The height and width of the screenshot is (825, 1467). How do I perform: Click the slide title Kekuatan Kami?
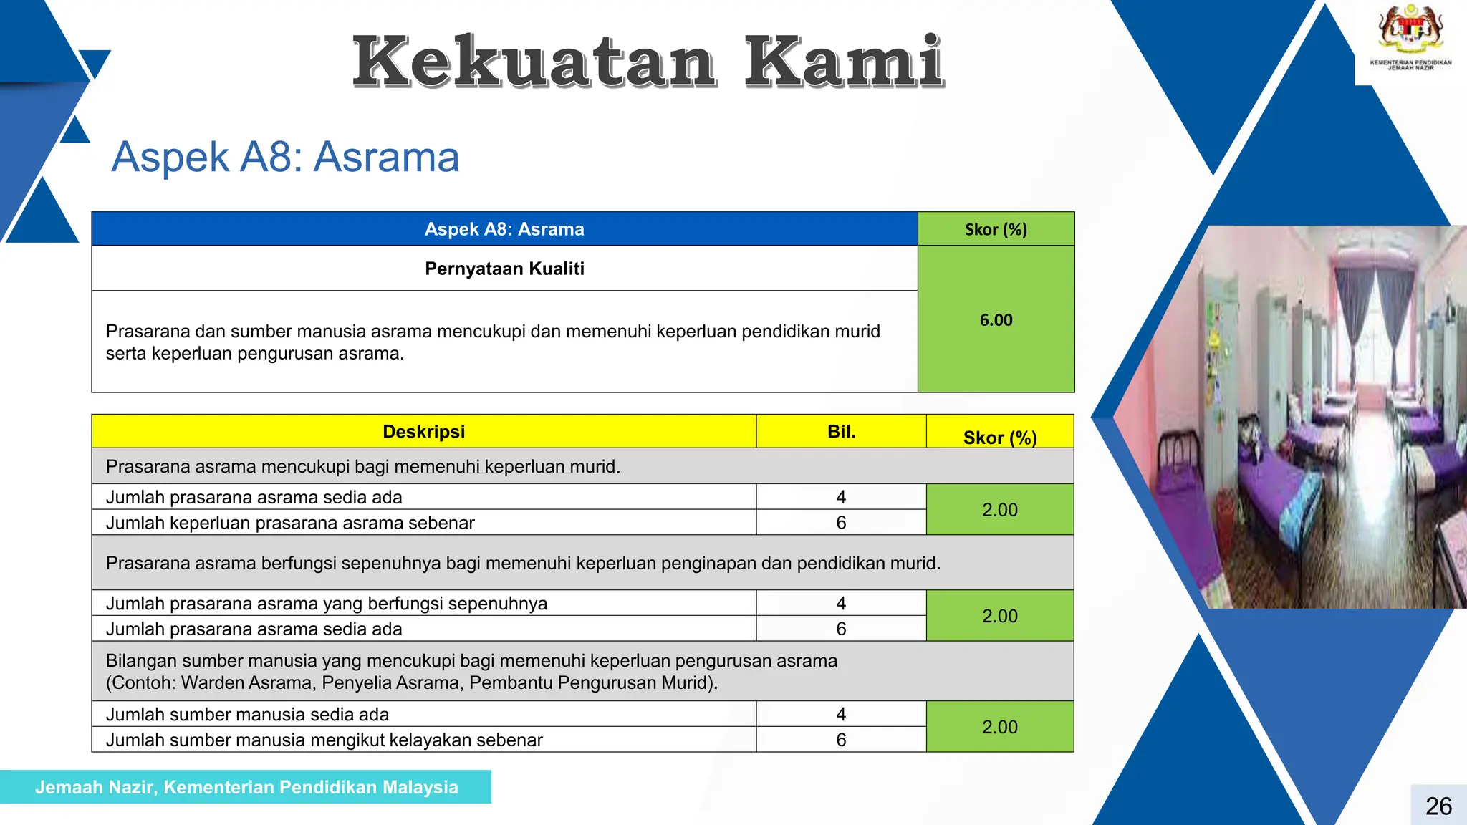click(648, 62)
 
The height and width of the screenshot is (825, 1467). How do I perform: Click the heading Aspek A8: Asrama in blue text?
click(285, 157)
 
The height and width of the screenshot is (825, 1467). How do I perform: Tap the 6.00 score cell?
click(996, 320)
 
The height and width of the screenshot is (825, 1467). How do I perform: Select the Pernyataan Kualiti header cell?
click(504, 269)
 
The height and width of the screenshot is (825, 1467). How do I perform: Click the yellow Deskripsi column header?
click(423, 432)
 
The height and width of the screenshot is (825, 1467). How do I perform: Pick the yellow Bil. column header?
click(841, 432)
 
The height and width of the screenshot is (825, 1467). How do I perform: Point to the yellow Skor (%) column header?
click(1000, 437)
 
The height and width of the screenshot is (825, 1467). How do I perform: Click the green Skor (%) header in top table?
click(996, 229)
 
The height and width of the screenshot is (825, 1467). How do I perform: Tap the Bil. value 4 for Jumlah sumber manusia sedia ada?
click(841, 714)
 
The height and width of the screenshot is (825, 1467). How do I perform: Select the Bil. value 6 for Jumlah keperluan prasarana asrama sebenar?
click(841, 523)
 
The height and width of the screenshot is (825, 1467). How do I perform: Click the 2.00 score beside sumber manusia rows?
click(999, 727)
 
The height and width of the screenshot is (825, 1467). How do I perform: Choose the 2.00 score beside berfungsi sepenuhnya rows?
click(999, 616)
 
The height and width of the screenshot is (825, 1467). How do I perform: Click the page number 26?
click(1438, 806)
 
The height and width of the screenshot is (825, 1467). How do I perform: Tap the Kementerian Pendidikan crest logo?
click(1410, 32)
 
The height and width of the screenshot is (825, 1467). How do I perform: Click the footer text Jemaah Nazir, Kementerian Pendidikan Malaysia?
click(246, 787)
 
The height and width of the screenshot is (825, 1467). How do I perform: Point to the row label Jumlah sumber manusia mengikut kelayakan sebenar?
click(324, 740)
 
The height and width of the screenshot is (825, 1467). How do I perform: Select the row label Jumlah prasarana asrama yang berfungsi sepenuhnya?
click(326, 604)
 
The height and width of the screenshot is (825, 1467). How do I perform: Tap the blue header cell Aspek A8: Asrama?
click(504, 229)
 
